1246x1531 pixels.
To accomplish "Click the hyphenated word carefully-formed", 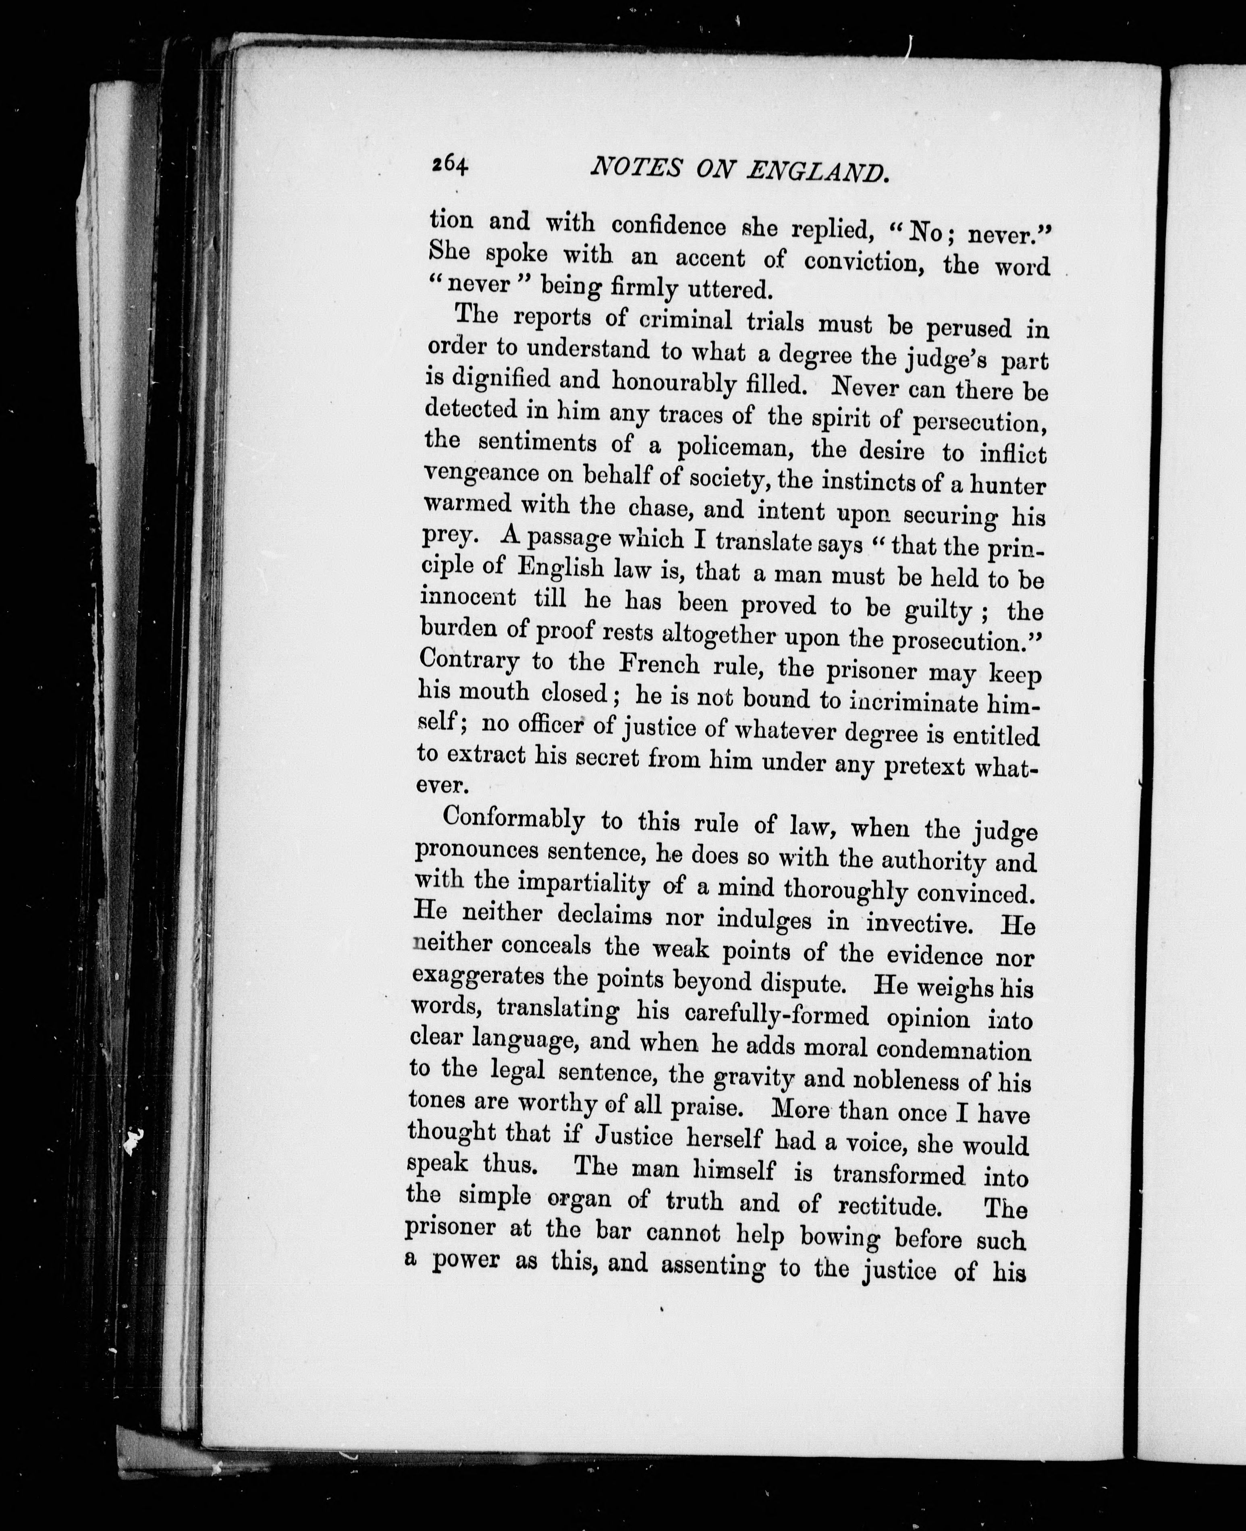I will tap(777, 1017).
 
